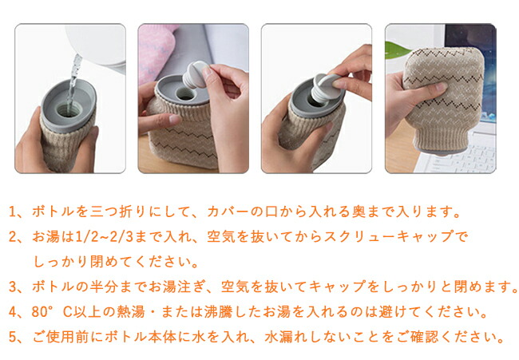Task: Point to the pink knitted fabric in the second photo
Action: pyautogui.click(x=156, y=49)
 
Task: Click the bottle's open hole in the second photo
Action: pyautogui.click(x=184, y=94)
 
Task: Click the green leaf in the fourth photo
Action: pyautogui.click(x=397, y=50)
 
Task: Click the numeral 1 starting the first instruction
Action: pyautogui.click(x=12, y=212)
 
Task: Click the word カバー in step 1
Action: pyautogui.click(x=228, y=212)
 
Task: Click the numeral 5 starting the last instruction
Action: pyautogui.click(x=12, y=337)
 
